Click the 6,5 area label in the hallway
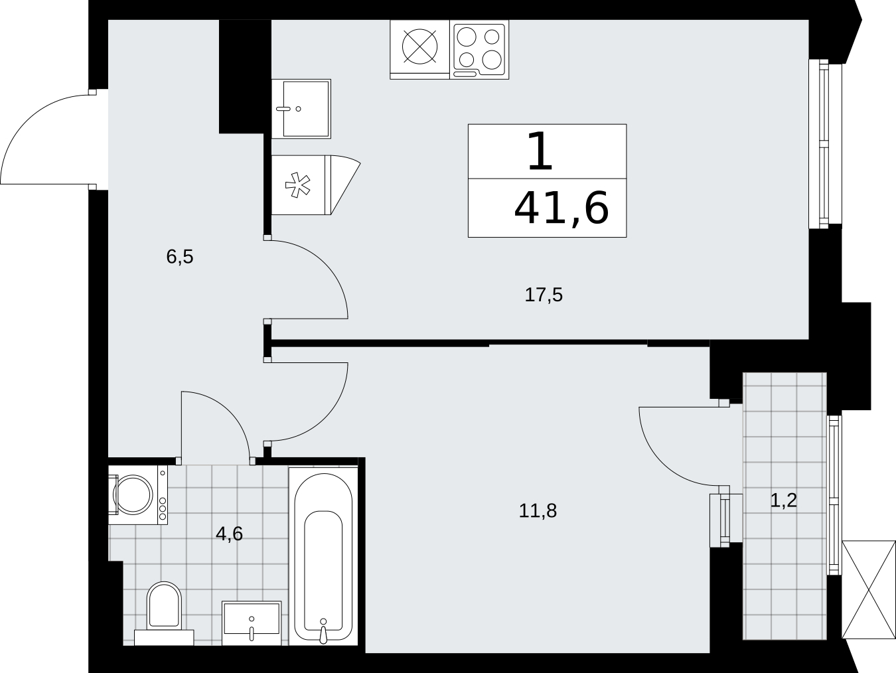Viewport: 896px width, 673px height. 180,257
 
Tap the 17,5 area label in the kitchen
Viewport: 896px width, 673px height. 544,295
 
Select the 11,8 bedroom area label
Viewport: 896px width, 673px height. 538,510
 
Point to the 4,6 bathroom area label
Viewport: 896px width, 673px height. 229,534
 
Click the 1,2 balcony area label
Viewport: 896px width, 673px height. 783,500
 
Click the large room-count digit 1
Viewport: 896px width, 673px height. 540,151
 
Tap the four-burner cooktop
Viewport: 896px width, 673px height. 479,49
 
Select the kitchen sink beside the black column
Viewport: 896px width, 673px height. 301,109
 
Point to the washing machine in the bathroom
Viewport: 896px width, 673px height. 138,495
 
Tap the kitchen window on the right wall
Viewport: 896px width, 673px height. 824,144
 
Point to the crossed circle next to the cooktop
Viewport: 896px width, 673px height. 419,46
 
